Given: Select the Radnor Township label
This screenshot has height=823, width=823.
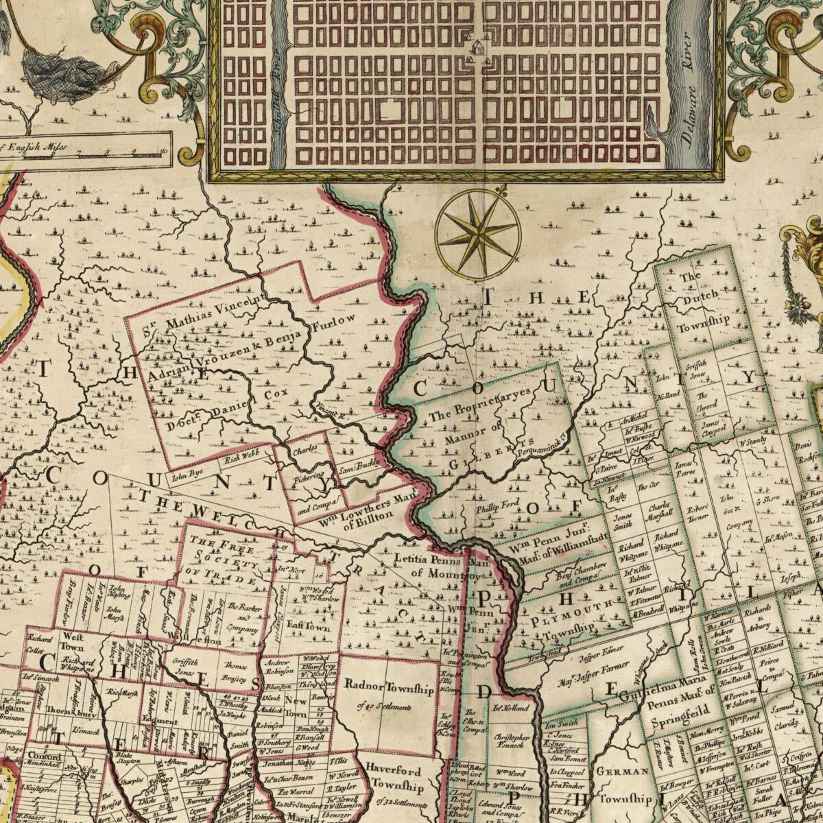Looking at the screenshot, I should click(x=389, y=688).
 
